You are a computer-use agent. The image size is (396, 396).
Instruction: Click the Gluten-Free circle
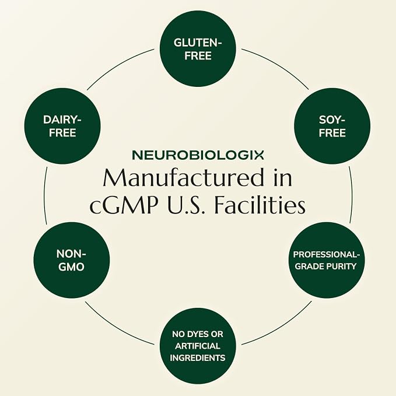[x=198, y=49]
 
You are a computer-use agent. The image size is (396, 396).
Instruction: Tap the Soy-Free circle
[x=332, y=126]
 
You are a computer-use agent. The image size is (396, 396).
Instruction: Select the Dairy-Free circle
[x=62, y=126]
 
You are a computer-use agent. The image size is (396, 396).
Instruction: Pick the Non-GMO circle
[x=72, y=260]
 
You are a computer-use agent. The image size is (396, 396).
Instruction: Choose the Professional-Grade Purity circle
[x=326, y=260]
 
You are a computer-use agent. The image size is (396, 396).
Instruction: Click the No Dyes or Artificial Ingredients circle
[x=198, y=346]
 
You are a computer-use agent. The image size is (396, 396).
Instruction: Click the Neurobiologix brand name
[x=198, y=155]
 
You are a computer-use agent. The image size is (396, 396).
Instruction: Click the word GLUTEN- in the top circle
[x=198, y=43]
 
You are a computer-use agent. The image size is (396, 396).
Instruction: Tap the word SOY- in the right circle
[x=332, y=120]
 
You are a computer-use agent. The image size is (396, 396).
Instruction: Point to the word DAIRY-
[x=62, y=120]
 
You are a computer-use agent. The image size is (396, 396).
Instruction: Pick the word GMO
[x=71, y=267]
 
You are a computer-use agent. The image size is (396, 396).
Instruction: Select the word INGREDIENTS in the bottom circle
[x=198, y=358]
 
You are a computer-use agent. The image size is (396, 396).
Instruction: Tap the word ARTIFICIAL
[x=198, y=346]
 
